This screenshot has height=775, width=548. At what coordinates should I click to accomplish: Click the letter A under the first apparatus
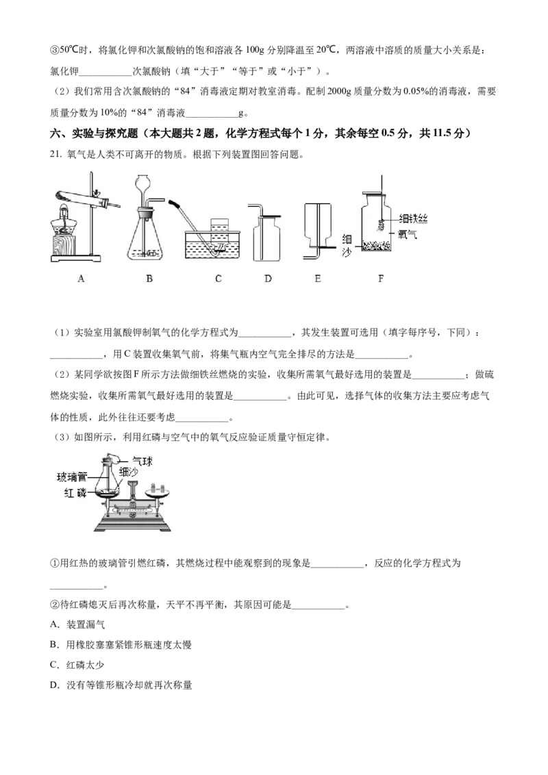point(81,279)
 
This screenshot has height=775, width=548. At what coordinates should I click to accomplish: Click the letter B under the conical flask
point(149,279)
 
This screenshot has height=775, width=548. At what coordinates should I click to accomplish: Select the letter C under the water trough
point(218,279)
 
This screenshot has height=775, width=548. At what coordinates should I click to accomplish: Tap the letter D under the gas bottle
point(268,279)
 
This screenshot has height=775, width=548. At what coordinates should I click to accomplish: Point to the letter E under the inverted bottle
point(318,279)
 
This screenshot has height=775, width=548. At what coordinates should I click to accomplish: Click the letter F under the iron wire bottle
point(381,279)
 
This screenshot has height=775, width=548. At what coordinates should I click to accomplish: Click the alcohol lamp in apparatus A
point(63,221)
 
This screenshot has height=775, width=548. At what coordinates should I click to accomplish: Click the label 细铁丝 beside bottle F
point(413,218)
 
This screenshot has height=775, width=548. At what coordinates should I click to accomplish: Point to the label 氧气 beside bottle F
point(408,233)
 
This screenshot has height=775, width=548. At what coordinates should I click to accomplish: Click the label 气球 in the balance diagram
point(142,461)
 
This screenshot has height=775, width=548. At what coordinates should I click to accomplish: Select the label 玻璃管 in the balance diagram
point(72,477)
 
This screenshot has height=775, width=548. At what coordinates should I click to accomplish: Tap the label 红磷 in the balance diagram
point(75,493)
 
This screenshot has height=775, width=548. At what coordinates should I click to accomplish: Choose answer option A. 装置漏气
point(77,625)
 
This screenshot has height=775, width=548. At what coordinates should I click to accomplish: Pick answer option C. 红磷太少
point(77,665)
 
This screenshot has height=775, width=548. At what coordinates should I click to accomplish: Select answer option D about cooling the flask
point(121,685)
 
